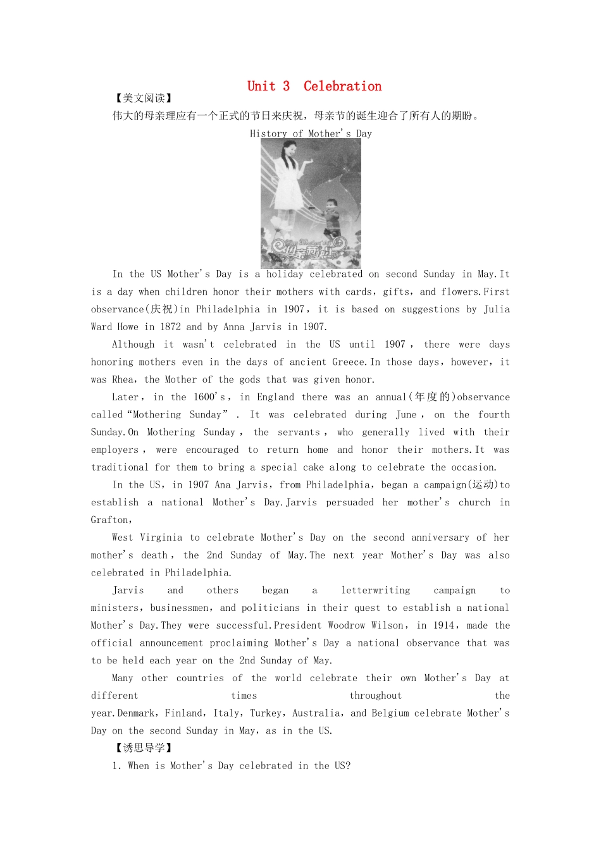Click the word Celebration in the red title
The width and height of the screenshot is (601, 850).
click(x=342, y=86)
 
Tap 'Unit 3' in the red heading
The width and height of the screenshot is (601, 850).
click(x=268, y=86)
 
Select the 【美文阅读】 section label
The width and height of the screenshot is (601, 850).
click(x=144, y=98)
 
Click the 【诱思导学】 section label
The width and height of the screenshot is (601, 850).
click(x=144, y=748)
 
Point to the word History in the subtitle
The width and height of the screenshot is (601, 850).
click(x=268, y=133)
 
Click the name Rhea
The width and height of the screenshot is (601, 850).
click(x=123, y=379)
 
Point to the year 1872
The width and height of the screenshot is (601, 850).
click(x=170, y=327)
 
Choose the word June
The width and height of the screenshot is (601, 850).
click(x=406, y=415)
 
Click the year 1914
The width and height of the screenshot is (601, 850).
click(x=443, y=625)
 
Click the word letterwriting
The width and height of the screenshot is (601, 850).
click(x=375, y=591)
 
